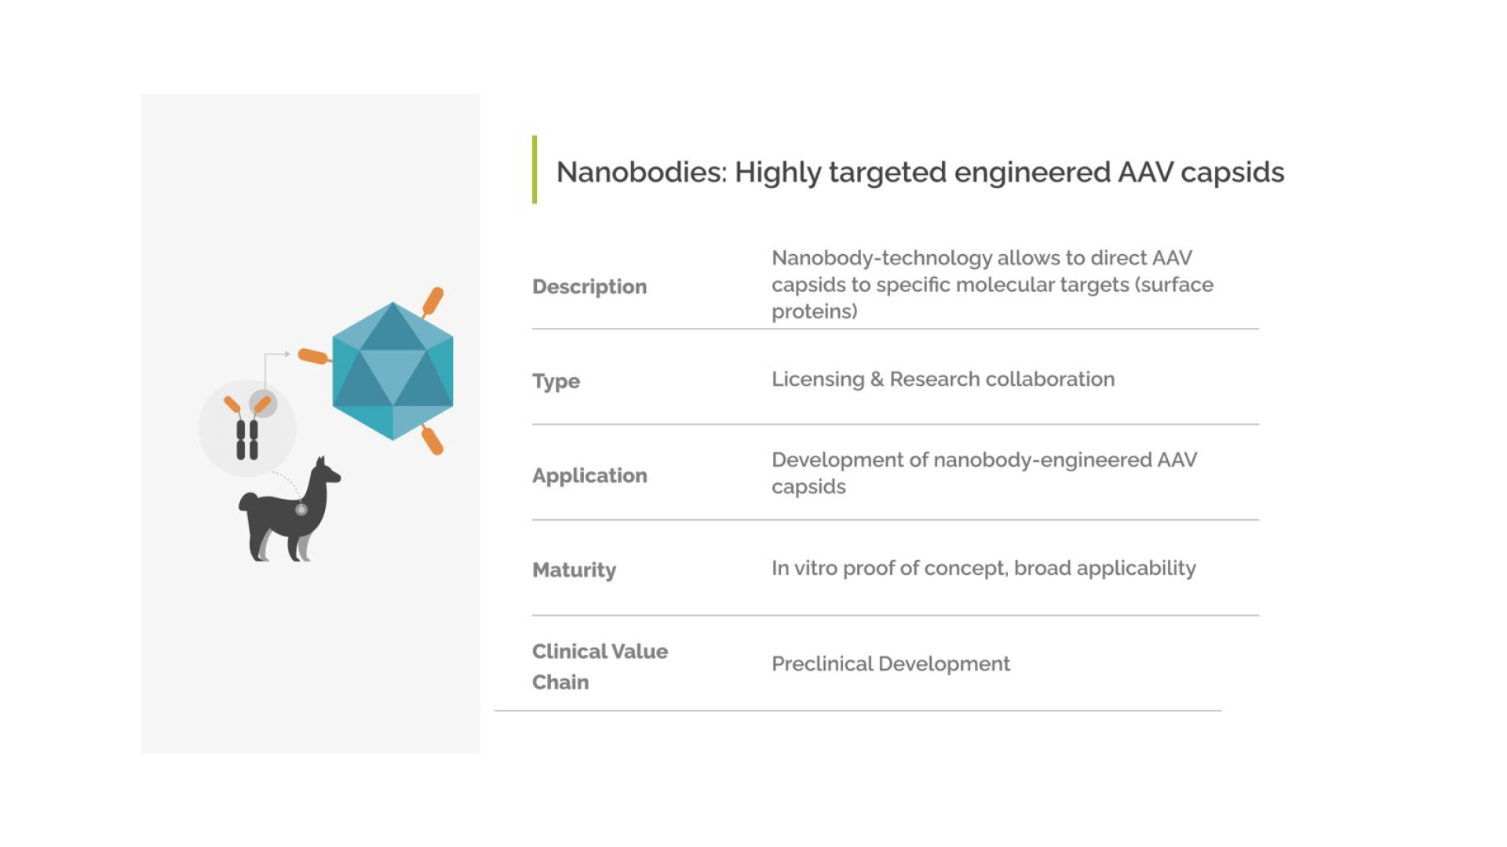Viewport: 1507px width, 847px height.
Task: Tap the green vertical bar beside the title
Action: pyautogui.click(x=535, y=169)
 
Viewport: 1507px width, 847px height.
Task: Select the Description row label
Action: pyautogui.click(x=589, y=287)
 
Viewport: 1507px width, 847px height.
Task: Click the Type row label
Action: pyautogui.click(x=556, y=382)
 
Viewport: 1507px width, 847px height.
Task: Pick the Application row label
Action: pyautogui.click(x=589, y=476)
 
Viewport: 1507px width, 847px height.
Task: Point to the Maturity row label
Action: pyautogui.click(x=574, y=570)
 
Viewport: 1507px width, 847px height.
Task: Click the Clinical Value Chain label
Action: pyautogui.click(x=600, y=667)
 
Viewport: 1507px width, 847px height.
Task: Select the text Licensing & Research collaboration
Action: pyautogui.click(x=943, y=380)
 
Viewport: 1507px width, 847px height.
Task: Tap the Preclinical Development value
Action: pyautogui.click(x=891, y=664)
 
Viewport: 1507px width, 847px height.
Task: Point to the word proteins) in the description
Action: pyautogui.click(x=815, y=312)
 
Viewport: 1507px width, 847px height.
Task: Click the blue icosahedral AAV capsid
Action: pyautogui.click(x=392, y=371)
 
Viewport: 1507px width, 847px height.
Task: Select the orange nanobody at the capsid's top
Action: pyautogui.click(x=433, y=301)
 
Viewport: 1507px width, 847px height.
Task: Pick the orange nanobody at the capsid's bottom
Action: pyautogui.click(x=432, y=441)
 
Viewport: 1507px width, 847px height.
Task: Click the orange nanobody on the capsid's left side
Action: pyautogui.click(x=313, y=357)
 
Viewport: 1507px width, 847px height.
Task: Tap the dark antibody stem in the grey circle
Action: pyautogui.click(x=247, y=440)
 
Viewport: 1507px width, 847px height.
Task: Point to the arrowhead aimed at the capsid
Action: pyautogui.click(x=287, y=354)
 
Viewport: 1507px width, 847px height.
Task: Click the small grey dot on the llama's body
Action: pyautogui.click(x=301, y=510)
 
